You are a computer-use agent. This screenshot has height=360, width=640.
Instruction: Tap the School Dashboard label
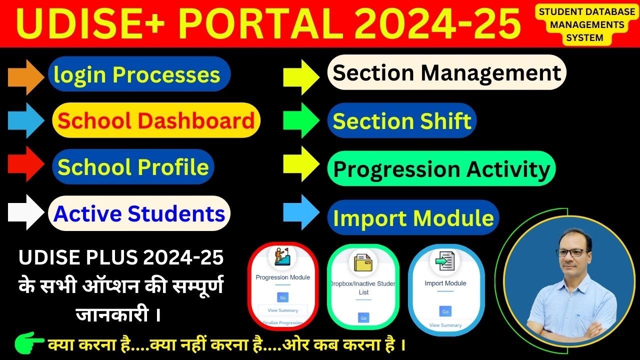tap(156, 120)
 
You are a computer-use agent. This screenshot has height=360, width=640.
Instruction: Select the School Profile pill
tap(133, 166)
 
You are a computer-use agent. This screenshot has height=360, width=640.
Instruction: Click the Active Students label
tap(139, 213)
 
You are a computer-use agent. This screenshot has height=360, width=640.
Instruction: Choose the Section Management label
tap(446, 72)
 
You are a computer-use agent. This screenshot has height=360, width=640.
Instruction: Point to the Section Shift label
tap(402, 121)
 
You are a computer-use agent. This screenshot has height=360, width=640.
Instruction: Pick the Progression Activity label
tap(441, 169)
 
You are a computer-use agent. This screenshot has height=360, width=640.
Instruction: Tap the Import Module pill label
tap(413, 218)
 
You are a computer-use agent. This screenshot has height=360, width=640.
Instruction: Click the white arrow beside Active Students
tap(26, 212)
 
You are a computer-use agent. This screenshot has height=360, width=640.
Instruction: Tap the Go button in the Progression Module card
tap(282, 297)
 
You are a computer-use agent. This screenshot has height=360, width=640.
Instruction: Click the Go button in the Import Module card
tap(445, 311)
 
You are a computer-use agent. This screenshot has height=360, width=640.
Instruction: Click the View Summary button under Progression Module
tap(282, 310)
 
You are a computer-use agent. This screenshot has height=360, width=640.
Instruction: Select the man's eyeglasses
tap(569, 252)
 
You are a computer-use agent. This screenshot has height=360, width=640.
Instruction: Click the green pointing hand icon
tap(29, 344)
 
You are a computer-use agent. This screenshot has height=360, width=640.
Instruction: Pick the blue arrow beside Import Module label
tap(300, 212)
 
